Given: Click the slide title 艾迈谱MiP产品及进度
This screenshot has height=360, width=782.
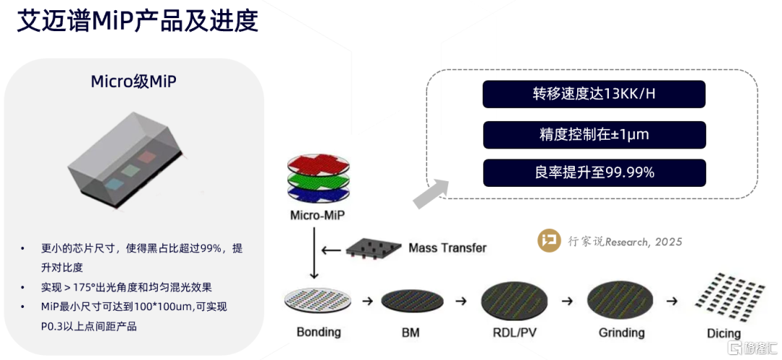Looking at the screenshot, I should [x=138, y=22].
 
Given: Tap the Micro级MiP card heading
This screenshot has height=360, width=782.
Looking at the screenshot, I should [x=133, y=81].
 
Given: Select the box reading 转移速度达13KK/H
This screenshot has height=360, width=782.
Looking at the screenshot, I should [x=594, y=94].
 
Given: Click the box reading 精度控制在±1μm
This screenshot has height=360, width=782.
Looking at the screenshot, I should [x=594, y=135].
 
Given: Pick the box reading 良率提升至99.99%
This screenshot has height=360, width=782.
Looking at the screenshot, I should [x=594, y=172].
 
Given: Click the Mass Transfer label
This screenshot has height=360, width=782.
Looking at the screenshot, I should [x=447, y=248].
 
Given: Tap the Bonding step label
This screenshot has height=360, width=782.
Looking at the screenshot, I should [x=319, y=332].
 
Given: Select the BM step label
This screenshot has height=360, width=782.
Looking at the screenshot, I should [x=411, y=333].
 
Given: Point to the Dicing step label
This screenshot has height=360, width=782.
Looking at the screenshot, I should [x=724, y=333].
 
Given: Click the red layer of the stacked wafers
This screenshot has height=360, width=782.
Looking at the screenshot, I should [x=319, y=164].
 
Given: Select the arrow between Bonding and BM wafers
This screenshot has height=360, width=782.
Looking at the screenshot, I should [x=368, y=300].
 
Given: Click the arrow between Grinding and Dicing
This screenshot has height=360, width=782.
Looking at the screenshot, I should [x=673, y=300].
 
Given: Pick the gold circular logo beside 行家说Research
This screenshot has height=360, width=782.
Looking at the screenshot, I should [x=549, y=241].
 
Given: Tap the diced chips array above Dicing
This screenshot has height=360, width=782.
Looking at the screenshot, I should [x=726, y=296].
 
